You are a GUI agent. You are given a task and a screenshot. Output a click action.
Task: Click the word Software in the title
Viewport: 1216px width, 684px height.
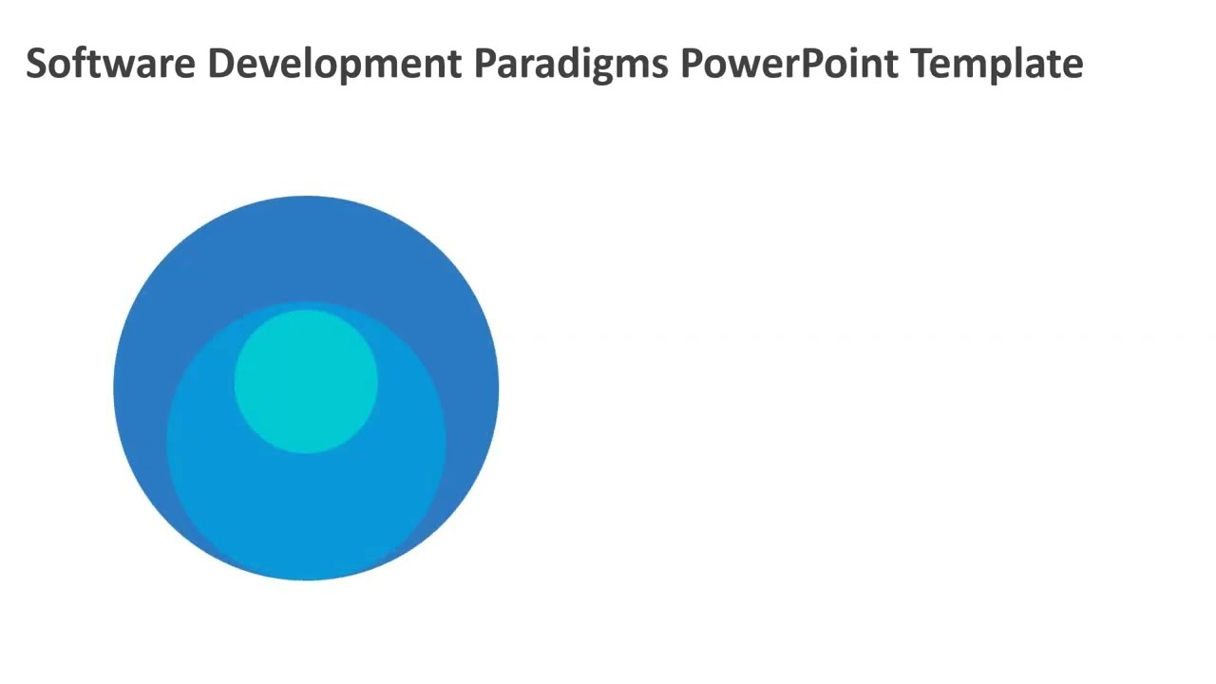point(111,64)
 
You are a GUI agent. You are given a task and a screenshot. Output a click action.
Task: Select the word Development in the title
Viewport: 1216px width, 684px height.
point(335,64)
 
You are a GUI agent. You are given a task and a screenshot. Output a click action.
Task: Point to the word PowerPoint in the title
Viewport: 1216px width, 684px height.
point(789,64)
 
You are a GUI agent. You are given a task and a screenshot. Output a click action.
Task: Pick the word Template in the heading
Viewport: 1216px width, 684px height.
point(997,64)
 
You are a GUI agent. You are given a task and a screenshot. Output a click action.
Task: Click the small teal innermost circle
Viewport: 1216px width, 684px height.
point(306,381)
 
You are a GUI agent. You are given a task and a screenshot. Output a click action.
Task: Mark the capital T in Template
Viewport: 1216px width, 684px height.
point(920,64)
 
